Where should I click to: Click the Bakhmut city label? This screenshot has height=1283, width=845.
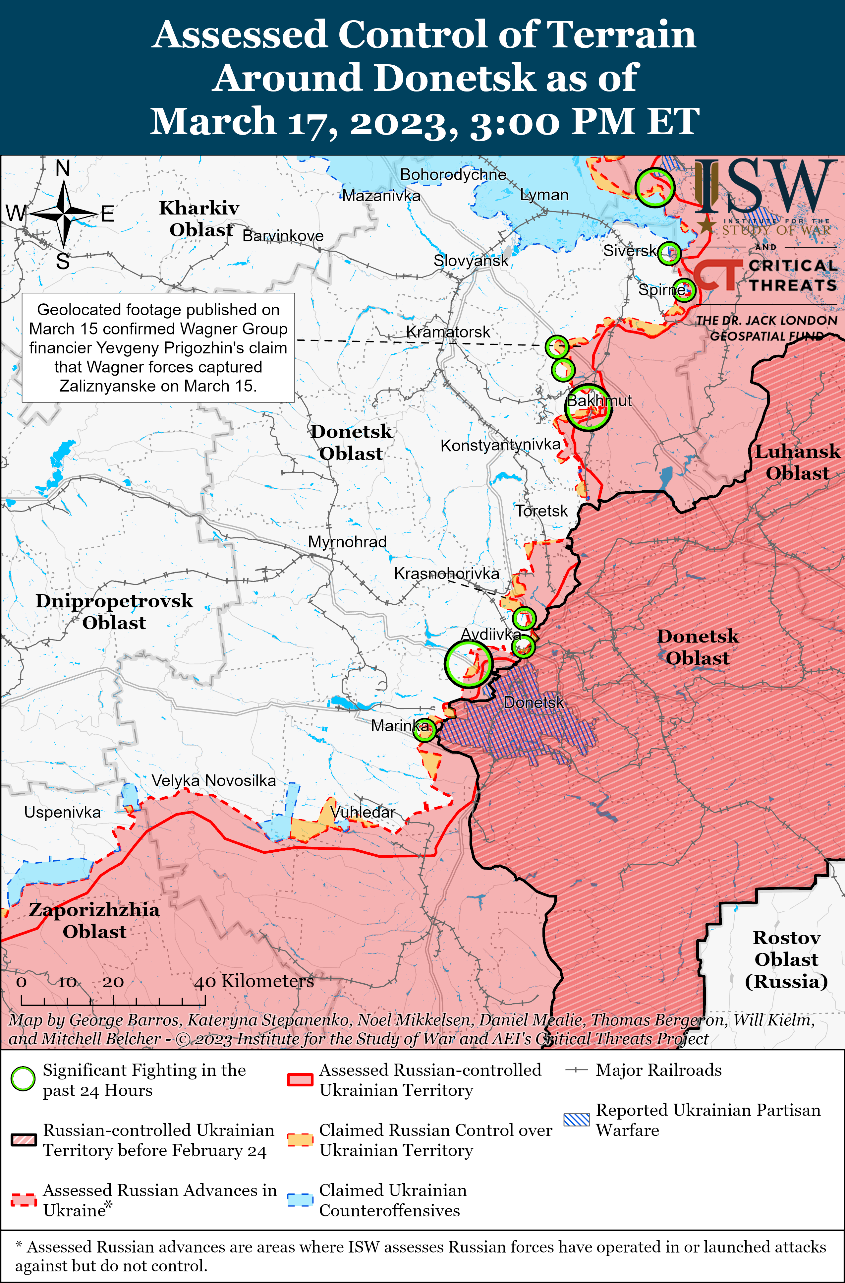[x=599, y=400]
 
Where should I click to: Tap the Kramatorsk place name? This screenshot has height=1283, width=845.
[x=448, y=332]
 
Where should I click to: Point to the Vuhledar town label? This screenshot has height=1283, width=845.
[x=363, y=812]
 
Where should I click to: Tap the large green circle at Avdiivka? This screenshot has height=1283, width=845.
[x=468, y=664]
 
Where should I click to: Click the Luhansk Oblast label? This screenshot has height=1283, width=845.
[x=797, y=462]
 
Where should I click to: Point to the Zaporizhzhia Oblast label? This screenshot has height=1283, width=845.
[x=94, y=920]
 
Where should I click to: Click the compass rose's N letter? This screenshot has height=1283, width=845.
[x=63, y=169]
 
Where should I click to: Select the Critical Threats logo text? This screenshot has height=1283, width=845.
[x=792, y=275]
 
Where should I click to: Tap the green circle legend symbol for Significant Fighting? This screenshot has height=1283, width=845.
[x=23, y=1079]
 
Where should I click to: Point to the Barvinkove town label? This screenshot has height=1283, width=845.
[x=283, y=236]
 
